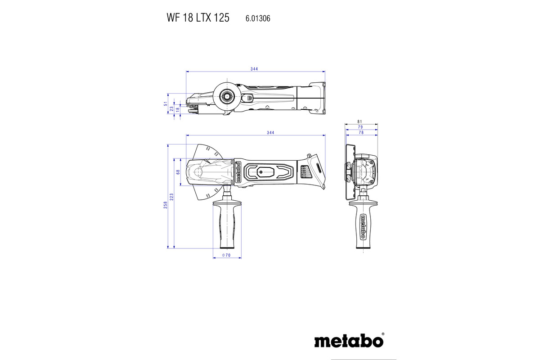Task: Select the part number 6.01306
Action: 258,18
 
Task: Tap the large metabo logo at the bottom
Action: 349,340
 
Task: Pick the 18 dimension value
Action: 177,109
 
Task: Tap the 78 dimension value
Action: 361,133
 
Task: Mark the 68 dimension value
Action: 178,172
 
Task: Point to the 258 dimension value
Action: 166,205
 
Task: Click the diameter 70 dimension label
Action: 226,255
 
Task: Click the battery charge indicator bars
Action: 304,172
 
